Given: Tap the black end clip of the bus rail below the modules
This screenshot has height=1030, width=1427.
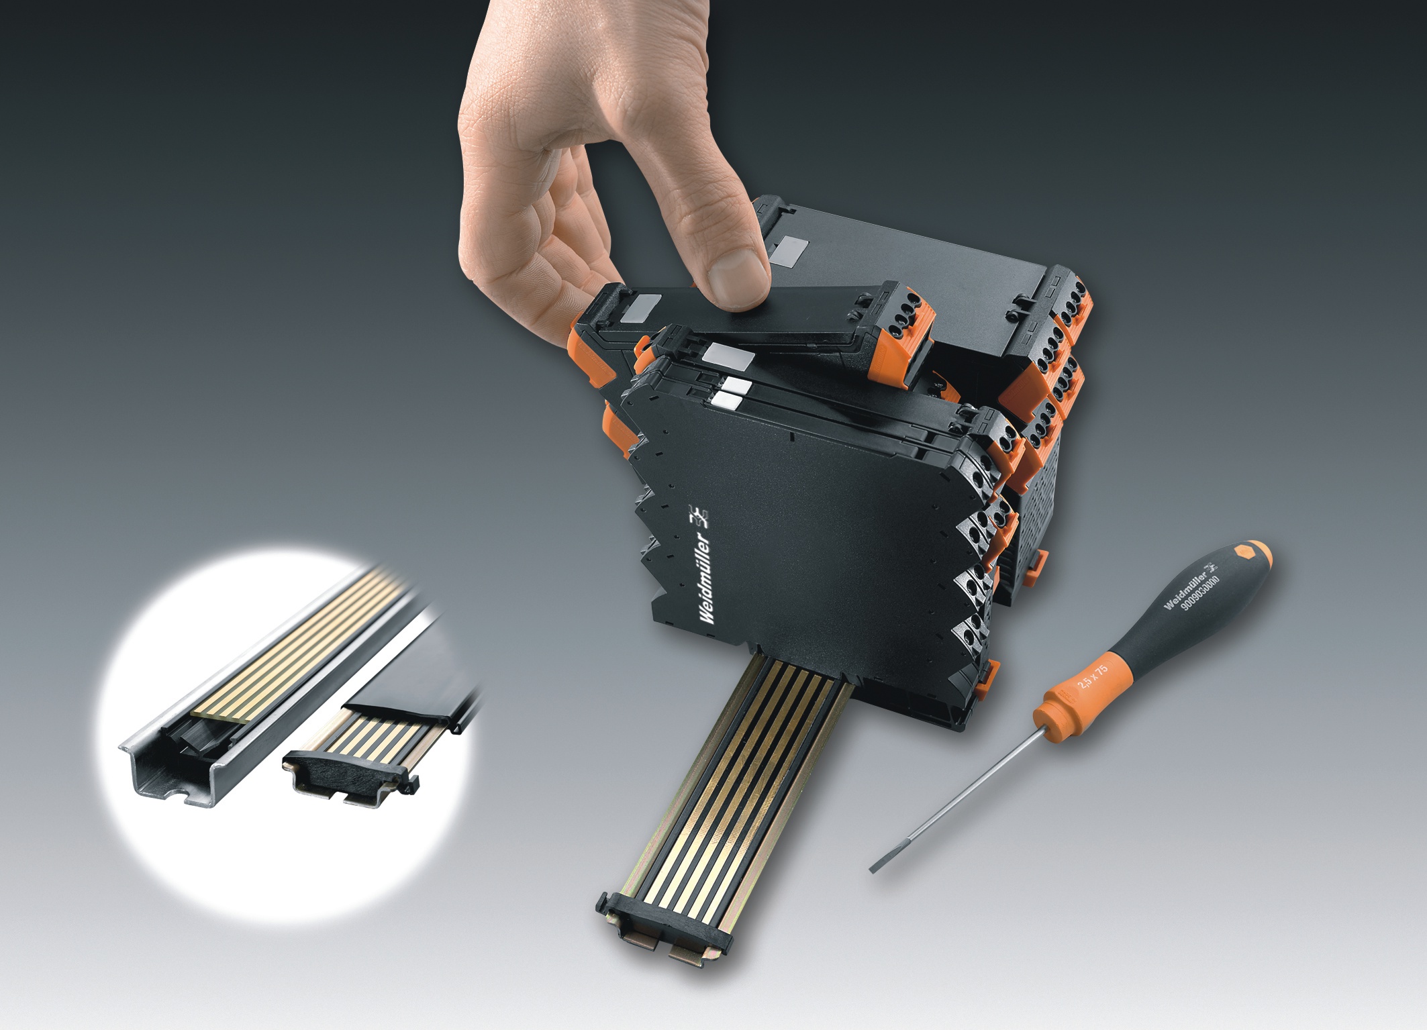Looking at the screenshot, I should (x=661, y=924).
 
